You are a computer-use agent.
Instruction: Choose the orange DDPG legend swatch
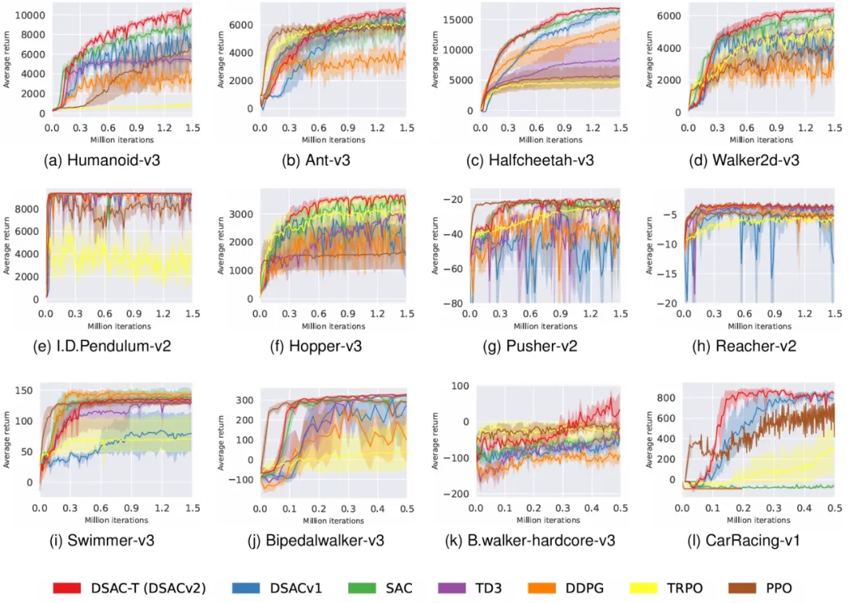coord(560,587)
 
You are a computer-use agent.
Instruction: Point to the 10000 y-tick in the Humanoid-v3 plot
coord(31,15)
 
